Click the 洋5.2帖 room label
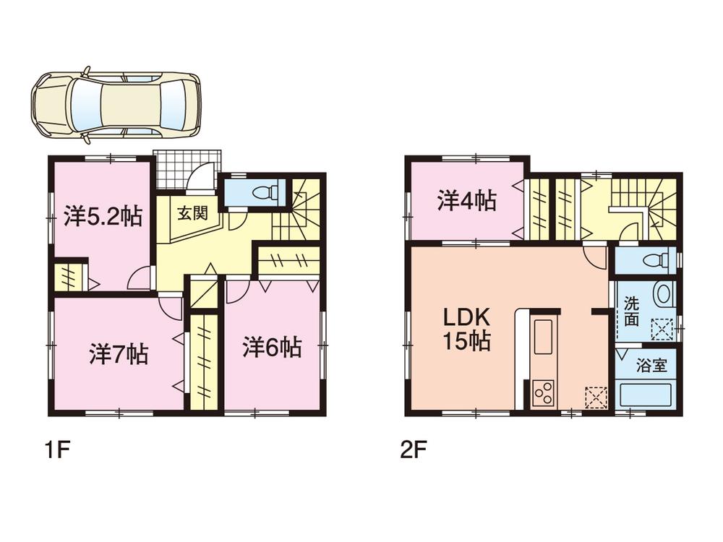[x=102, y=217]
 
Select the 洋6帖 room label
[x=272, y=348]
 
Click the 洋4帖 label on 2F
[x=466, y=201]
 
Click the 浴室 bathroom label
[x=651, y=365]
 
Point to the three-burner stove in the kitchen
[x=544, y=394]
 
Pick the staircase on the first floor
[x=298, y=213]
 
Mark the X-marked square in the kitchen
[x=596, y=397]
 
